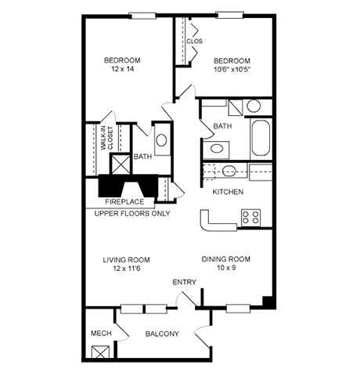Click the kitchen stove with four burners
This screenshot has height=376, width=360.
pyautogui.click(x=250, y=217)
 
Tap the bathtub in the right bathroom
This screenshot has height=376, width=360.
pyautogui.click(x=261, y=139)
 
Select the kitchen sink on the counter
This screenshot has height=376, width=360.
pyautogui.click(x=229, y=172)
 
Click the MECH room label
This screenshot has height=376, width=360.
pyautogui.click(x=100, y=334)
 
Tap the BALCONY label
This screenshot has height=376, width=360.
pyautogui.click(x=162, y=334)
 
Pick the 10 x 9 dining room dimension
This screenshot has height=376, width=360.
pyautogui.click(x=225, y=268)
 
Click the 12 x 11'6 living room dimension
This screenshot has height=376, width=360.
pyautogui.click(x=126, y=269)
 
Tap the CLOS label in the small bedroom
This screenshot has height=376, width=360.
pyautogui.click(x=195, y=42)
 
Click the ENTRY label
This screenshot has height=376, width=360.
pyautogui.click(x=184, y=283)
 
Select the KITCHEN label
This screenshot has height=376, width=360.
pyautogui.click(x=228, y=192)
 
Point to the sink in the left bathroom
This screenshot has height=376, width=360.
pyautogui.click(x=161, y=142)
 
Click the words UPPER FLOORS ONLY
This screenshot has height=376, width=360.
pyautogui.click(x=132, y=213)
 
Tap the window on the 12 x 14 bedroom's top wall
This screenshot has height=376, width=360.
pyautogui.click(x=141, y=15)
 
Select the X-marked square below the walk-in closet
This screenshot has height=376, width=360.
pyautogui.click(x=121, y=164)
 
